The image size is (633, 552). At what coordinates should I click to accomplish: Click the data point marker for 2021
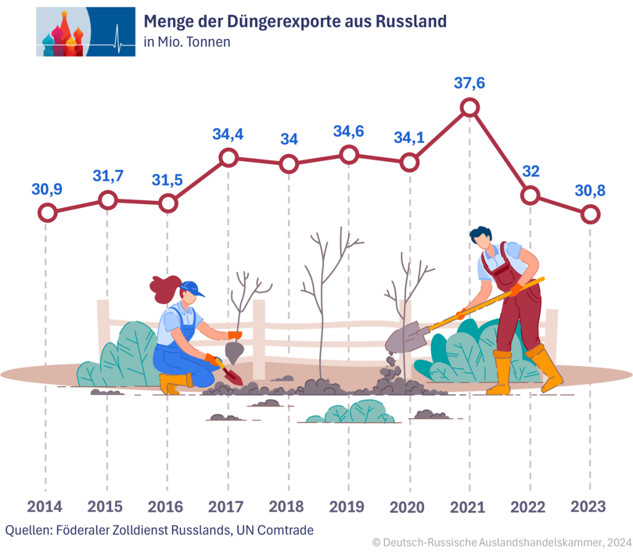pyautogui.click(x=470, y=107)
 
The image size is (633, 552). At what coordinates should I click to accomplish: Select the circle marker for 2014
pyautogui.click(x=47, y=213)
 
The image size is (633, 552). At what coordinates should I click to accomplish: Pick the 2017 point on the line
pyautogui.click(x=229, y=158)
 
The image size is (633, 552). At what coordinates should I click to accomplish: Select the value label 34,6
pyautogui.click(x=349, y=131)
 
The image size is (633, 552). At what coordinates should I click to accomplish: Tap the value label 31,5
pyautogui.click(x=168, y=179)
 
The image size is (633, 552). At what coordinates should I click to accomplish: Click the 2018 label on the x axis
pyautogui.click(x=287, y=507)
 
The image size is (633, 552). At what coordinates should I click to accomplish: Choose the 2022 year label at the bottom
pyautogui.click(x=529, y=507)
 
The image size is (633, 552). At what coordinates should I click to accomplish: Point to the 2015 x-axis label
pyautogui.click(x=105, y=507)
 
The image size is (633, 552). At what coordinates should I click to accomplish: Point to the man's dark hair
pyautogui.click(x=480, y=235)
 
